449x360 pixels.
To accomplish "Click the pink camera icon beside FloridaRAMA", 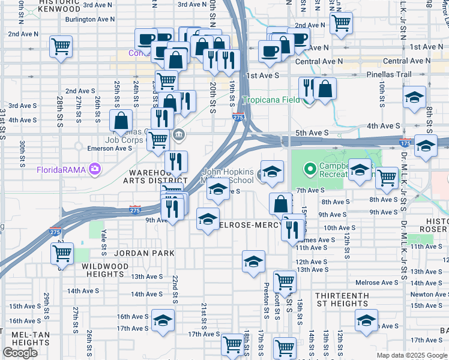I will [95, 170].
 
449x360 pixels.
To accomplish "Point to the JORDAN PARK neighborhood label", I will [145, 253].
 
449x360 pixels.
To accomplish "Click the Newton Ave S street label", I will [429, 294].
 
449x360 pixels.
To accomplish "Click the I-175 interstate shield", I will [405, 143].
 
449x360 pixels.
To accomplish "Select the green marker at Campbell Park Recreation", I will [310, 170].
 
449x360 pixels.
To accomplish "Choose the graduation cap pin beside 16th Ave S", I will [162, 320].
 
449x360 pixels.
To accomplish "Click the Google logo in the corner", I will [20, 353].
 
